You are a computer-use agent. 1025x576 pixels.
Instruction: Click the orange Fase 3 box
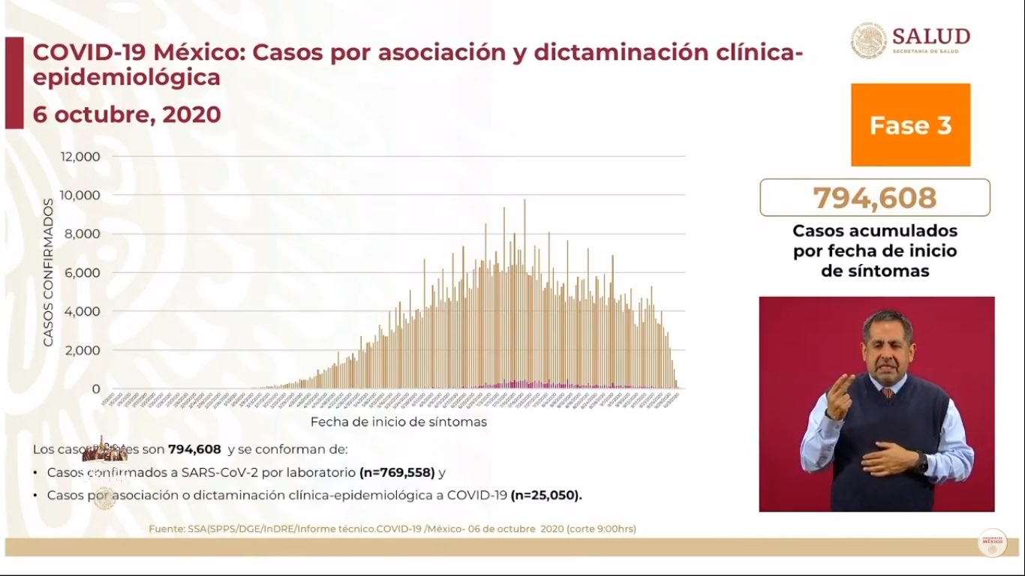tap(910, 124)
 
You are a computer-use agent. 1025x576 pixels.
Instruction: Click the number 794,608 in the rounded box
tap(874, 198)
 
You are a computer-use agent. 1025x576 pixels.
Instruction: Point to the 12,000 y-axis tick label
tap(80, 157)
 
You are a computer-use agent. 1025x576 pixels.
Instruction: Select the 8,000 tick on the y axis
tap(83, 234)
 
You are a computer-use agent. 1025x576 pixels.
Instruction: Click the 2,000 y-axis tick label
tap(83, 350)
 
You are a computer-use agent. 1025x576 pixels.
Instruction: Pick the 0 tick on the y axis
tap(96, 389)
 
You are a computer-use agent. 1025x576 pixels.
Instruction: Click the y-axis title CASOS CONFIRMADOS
tap(48, 272)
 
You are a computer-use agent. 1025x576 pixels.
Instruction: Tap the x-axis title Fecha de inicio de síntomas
tap(398, 421)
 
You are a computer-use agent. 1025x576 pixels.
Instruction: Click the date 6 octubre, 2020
tap(127, 114)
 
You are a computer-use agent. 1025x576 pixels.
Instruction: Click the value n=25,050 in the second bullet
tap(546, 495)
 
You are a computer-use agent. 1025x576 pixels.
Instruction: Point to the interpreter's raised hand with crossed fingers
tap(840, 393)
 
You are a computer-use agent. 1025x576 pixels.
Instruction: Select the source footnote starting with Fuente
tap(392, 529)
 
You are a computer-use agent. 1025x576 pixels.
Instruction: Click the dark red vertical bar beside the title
tap(14, 82)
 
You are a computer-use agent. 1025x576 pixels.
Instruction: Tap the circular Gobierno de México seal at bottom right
tap(992, 542)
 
